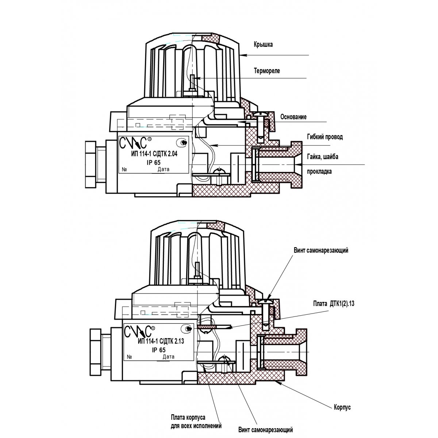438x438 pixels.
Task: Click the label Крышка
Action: [x=263, y=45]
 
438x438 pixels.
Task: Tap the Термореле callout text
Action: [x=267, y=71]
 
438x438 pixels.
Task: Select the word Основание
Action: [x=293, y=117]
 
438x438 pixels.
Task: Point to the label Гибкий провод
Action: [x=324, y=137]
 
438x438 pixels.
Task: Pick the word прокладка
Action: [x=319, y=172]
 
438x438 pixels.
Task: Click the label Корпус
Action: [x=342, y=407]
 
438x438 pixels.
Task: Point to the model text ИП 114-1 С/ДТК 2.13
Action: [x=161, y=342]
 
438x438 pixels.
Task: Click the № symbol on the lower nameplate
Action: [x=129, y=357]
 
